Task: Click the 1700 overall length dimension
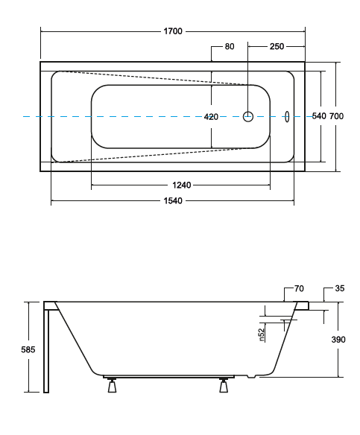pyautogui.click(x=173, y=32)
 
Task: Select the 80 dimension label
pyautogui.click(x=230, y=47)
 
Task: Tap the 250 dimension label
pyautogui.click(x=277, y=47)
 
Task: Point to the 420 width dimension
pyautogui.click(x=211, y=117)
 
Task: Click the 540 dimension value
pyautogui.click(x=318, y=117)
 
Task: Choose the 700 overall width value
pyautogui.click(x=337, y=117)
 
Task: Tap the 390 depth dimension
pyautogui.click(x=339, y=340)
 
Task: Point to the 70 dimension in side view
pyautogui.click(x=299, y=288)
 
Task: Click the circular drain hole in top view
pyautogui.click(x=249, y=116)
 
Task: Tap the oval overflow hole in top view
pyautogui.click(x=287, y=116)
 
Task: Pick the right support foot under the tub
pyautogui.click(x=223, y=386)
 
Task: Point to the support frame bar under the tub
pyautogui.click(x=168, y=377)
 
